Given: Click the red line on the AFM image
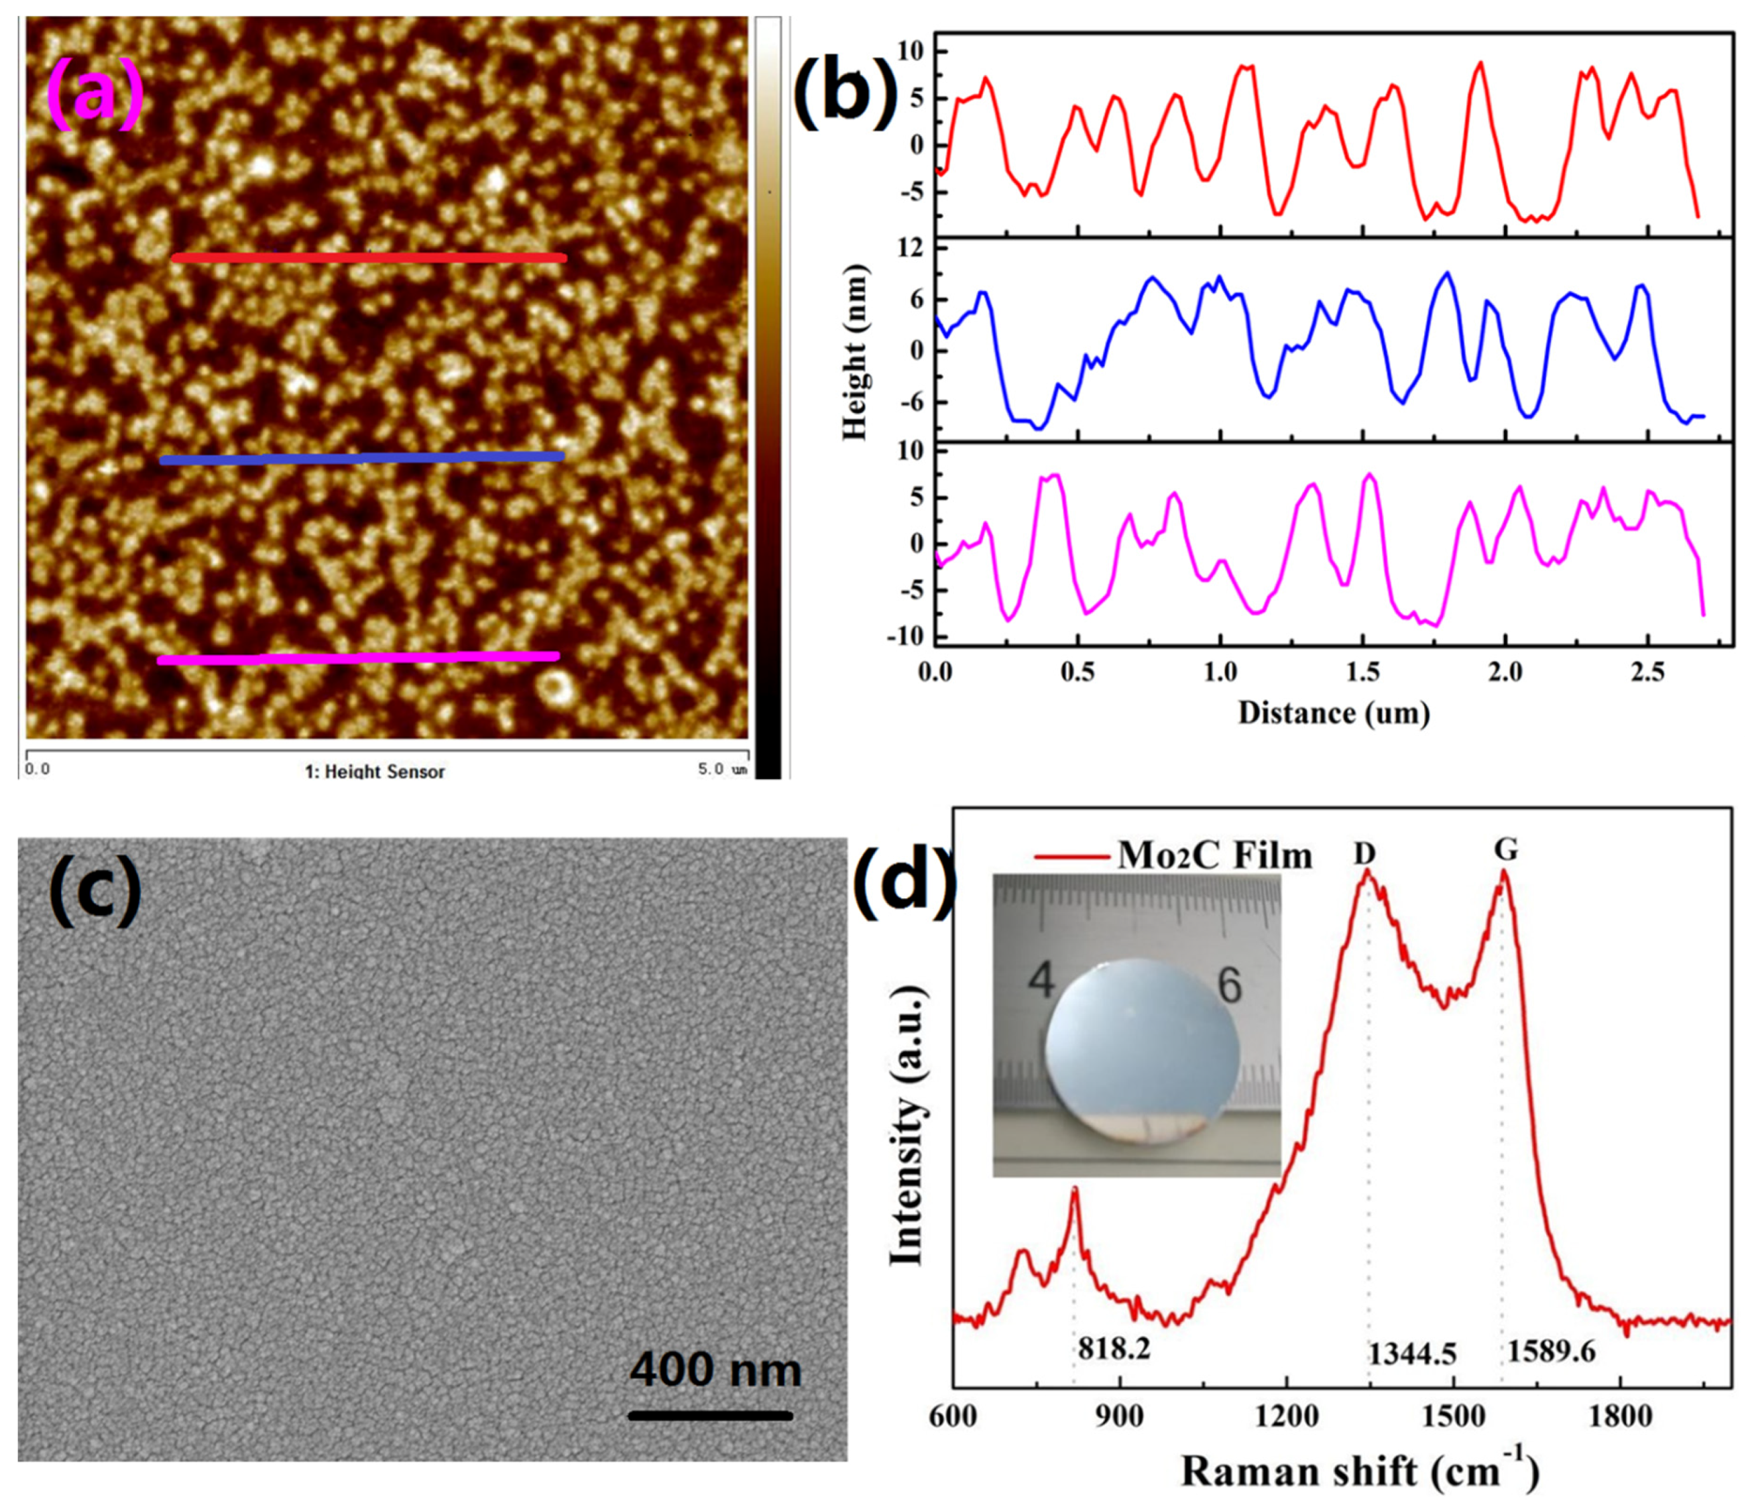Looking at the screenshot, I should point(369,257).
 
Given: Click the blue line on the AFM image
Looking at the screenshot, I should point(363,459).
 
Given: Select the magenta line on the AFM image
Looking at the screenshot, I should point(359,658).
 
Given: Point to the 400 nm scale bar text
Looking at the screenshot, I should point(715,1369).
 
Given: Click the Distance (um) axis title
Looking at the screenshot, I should point(1334,713).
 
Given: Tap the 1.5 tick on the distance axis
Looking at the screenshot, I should point(1362,673).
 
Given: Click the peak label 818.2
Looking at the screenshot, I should point(1114,1349).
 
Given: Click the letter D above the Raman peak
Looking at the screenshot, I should point(1365,854).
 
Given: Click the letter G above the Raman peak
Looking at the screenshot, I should point(1506,850).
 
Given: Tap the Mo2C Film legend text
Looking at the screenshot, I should point(1215,856).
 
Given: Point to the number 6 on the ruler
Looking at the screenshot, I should point(1230,984).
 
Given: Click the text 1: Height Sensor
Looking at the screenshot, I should point(375,771).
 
